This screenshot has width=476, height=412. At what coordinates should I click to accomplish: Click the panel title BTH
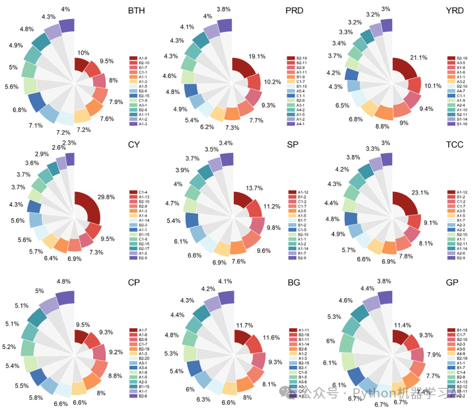pos(137,11)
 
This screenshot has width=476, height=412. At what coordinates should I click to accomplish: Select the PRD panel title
pos(295,11)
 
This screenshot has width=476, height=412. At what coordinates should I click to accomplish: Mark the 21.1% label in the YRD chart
pos(418,57)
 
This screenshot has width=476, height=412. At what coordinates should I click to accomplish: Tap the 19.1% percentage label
pos(256,57)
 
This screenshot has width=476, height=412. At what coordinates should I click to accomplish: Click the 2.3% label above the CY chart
pos(69,143)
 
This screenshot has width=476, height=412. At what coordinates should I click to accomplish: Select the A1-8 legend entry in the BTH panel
pos(142,58)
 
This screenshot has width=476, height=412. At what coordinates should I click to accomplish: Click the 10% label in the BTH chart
pos(83,53)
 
